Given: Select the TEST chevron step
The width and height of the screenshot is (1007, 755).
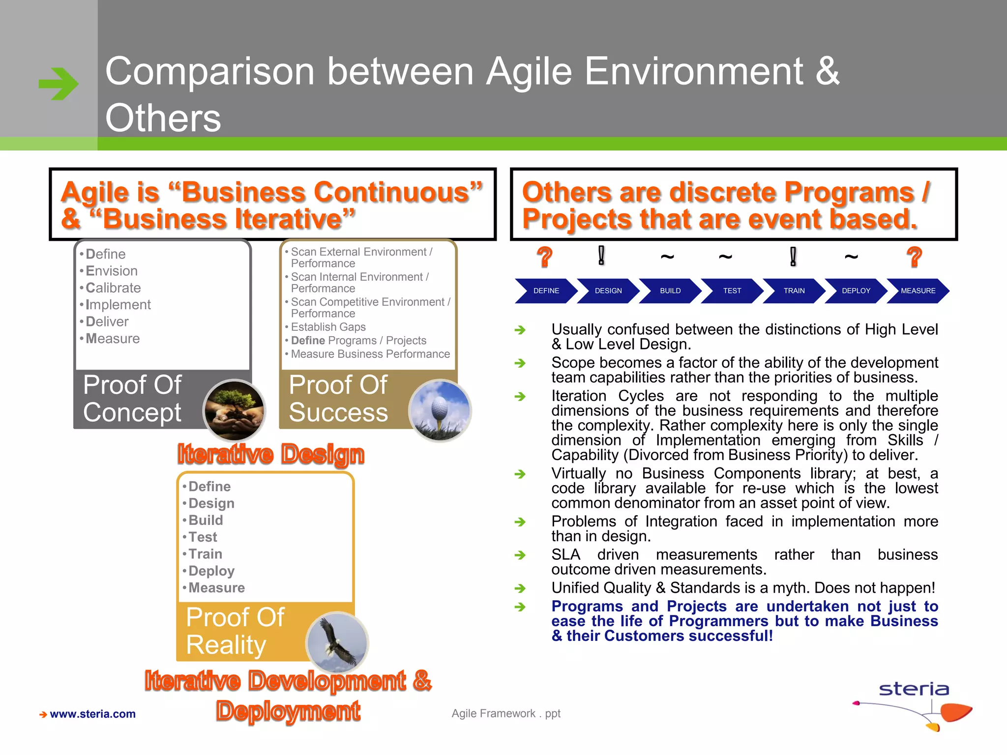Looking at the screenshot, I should tap(732, 290).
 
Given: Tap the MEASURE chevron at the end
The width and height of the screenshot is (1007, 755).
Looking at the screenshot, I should tap(918, 290).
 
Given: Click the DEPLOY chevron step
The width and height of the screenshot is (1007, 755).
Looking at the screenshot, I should tap(856, 290).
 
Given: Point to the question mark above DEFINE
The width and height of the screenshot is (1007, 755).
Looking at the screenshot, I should tap(544, 257).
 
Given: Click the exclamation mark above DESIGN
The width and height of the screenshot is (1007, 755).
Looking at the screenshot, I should tap(601, 256).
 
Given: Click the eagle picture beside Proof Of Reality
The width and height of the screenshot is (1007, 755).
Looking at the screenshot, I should tap(337, 643).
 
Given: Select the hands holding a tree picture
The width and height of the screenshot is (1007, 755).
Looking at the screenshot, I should tap(235, 410).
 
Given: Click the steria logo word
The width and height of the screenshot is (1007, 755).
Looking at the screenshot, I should tap(914, 689).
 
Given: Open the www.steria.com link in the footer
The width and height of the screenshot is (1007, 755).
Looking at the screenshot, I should tap(92, 714).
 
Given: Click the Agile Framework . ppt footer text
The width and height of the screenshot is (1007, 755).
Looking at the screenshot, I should tap(506, 713).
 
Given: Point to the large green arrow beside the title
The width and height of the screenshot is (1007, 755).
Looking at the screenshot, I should tap(59, 84).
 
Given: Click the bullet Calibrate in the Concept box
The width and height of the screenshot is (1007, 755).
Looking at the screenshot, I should tap(113, 288).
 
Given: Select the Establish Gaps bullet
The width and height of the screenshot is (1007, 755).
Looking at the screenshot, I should tap(328, 327).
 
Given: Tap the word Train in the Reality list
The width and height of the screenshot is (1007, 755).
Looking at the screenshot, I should tap(206, 554).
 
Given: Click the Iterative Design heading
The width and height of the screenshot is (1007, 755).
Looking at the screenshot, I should tap(271, 454).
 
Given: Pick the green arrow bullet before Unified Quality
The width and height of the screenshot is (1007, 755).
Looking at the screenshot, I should tap(520, 588).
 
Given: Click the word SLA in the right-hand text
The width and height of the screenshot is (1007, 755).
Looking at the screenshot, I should tap(565, 554).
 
